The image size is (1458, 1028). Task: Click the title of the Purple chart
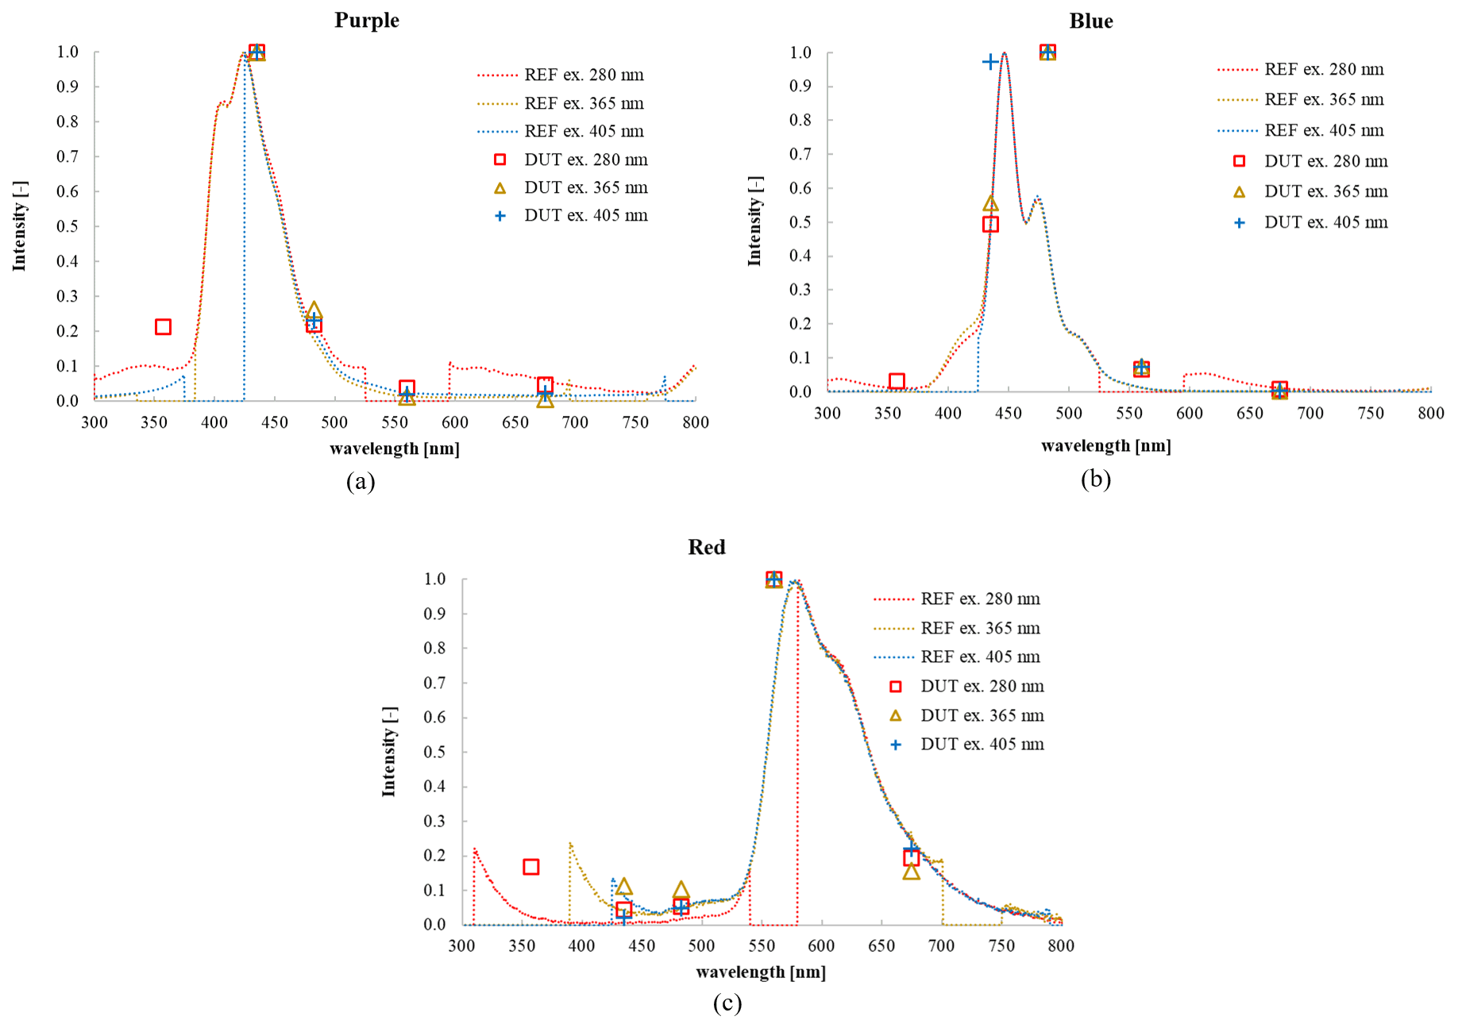point(366,20)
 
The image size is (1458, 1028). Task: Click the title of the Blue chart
point(1090,21)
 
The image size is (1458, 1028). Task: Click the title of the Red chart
point(706,547)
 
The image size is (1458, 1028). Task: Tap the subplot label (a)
point(361,481)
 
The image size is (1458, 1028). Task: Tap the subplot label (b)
point(1095,479)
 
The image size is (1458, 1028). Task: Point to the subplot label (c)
point(727,1003)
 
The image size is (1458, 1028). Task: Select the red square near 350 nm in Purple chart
point(163,327)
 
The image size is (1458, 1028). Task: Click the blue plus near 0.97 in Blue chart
point(990,62)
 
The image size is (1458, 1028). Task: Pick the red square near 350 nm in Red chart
point(531,867)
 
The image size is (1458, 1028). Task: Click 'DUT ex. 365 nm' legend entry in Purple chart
point(585,187)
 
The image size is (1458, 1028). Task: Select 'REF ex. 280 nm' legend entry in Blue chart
point(1324,69)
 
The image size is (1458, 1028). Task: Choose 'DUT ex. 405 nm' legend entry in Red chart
point(982,744)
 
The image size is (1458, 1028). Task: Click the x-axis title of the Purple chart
point(395,449)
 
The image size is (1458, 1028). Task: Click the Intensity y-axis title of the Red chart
point(388,751)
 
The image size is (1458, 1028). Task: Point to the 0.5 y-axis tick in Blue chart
point(800,222)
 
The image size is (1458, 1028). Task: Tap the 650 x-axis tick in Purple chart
point(515,422)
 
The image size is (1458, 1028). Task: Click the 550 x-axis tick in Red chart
point(762,945)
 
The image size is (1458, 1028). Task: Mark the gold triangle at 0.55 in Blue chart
point(990,204)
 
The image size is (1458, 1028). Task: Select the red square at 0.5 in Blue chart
point(990,225)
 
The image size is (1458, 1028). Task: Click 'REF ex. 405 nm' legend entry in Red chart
point(980,656)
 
